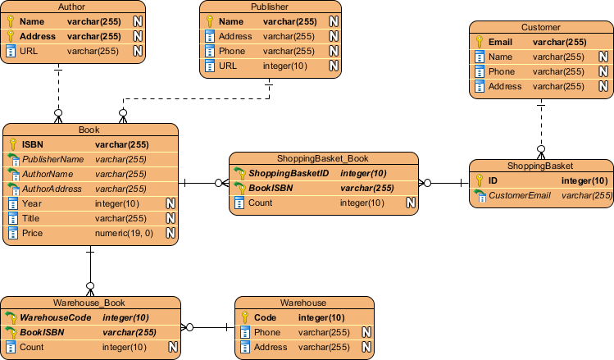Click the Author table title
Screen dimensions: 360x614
[x=72, y=7]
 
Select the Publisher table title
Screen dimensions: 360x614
[x=270, y=7]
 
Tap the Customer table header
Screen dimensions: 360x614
[x=539, y=27]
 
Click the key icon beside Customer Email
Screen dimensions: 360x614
[x=480, y=42]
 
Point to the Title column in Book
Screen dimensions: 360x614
[x=31, y=218]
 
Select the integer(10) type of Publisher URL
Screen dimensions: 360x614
[x=284, y=66]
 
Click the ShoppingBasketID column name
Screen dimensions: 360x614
[x=289, y=173]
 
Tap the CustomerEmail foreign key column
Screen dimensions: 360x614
[x=521, y=195]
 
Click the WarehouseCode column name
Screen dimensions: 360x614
[x=56, y=317]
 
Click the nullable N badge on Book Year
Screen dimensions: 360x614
[x=171, y=203]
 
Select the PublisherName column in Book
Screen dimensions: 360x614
[x=52, y=159]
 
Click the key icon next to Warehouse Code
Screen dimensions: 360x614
[x=245, y=317]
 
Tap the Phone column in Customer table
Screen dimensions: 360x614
[x=501, y=71]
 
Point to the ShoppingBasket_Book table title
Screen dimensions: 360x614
[x=322, y=158]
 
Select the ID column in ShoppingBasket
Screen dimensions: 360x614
[x=493, y=180]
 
